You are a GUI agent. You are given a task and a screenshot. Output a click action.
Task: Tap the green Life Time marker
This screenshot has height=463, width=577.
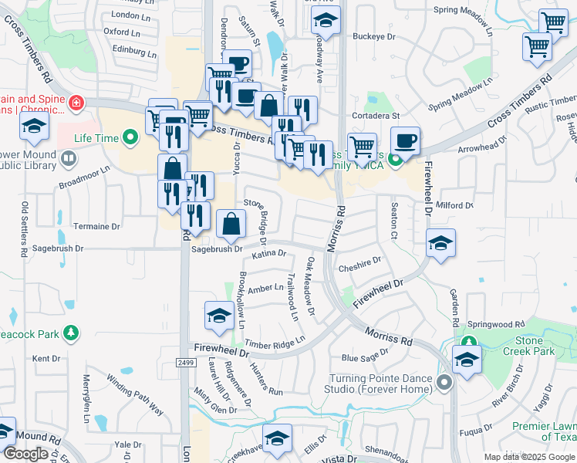[130, 138]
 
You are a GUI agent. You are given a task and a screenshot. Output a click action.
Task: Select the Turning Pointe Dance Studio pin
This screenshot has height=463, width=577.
[444, 383]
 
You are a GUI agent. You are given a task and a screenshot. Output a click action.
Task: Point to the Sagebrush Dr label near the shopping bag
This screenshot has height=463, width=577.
[217, 249]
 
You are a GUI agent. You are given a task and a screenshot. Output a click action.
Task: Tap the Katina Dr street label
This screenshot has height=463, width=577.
[269, 253]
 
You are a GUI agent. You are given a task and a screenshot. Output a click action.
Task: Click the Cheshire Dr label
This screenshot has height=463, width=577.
[360, 265]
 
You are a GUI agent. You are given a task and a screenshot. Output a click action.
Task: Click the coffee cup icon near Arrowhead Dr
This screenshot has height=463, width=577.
[405, 140]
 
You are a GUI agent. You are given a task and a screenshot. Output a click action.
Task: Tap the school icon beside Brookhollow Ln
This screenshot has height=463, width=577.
[219, 315]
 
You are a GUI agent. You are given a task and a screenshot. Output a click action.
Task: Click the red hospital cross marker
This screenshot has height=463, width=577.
[76, 103]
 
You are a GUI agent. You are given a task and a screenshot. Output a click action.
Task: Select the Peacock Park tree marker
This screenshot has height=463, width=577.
[71, 332]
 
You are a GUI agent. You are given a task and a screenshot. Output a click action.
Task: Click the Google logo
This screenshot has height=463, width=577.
[25, 454]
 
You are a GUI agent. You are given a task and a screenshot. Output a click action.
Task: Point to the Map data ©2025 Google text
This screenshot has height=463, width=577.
[528, 457]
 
